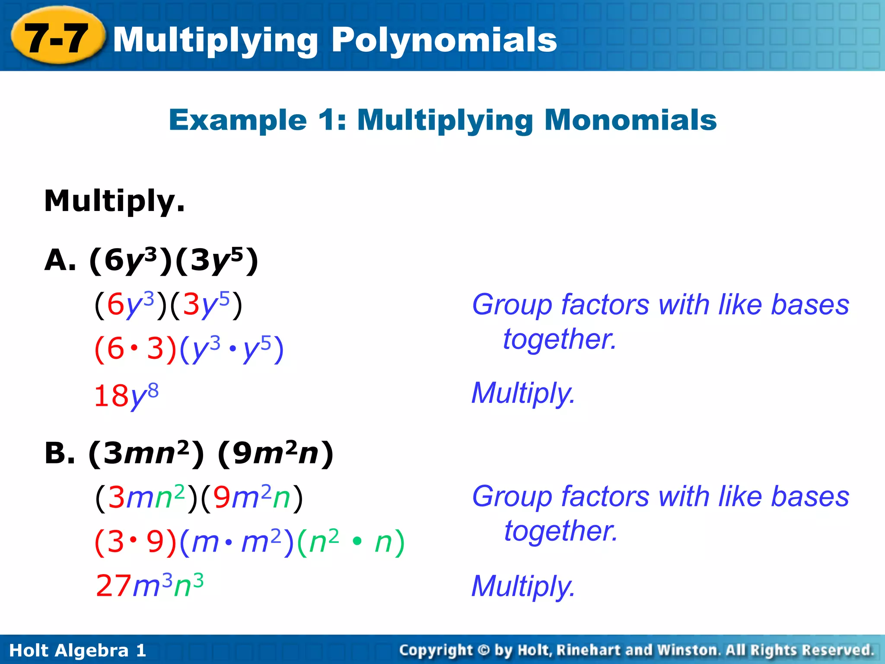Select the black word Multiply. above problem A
coord(115,201)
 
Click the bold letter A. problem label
coord(60,260)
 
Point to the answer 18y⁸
coord(126,396)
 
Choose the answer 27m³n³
coord(150,586)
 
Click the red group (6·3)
coord(135,349)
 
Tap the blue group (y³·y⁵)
coord(232,349)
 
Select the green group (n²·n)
coord(351,541)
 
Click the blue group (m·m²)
coord(237,541)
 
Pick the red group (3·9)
coord(135,541)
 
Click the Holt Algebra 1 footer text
coord(78,650)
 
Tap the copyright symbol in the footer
coord(484,650)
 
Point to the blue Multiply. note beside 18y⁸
coord(523,393)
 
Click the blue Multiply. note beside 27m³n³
coord(523,586)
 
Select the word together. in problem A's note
coord(560,339)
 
